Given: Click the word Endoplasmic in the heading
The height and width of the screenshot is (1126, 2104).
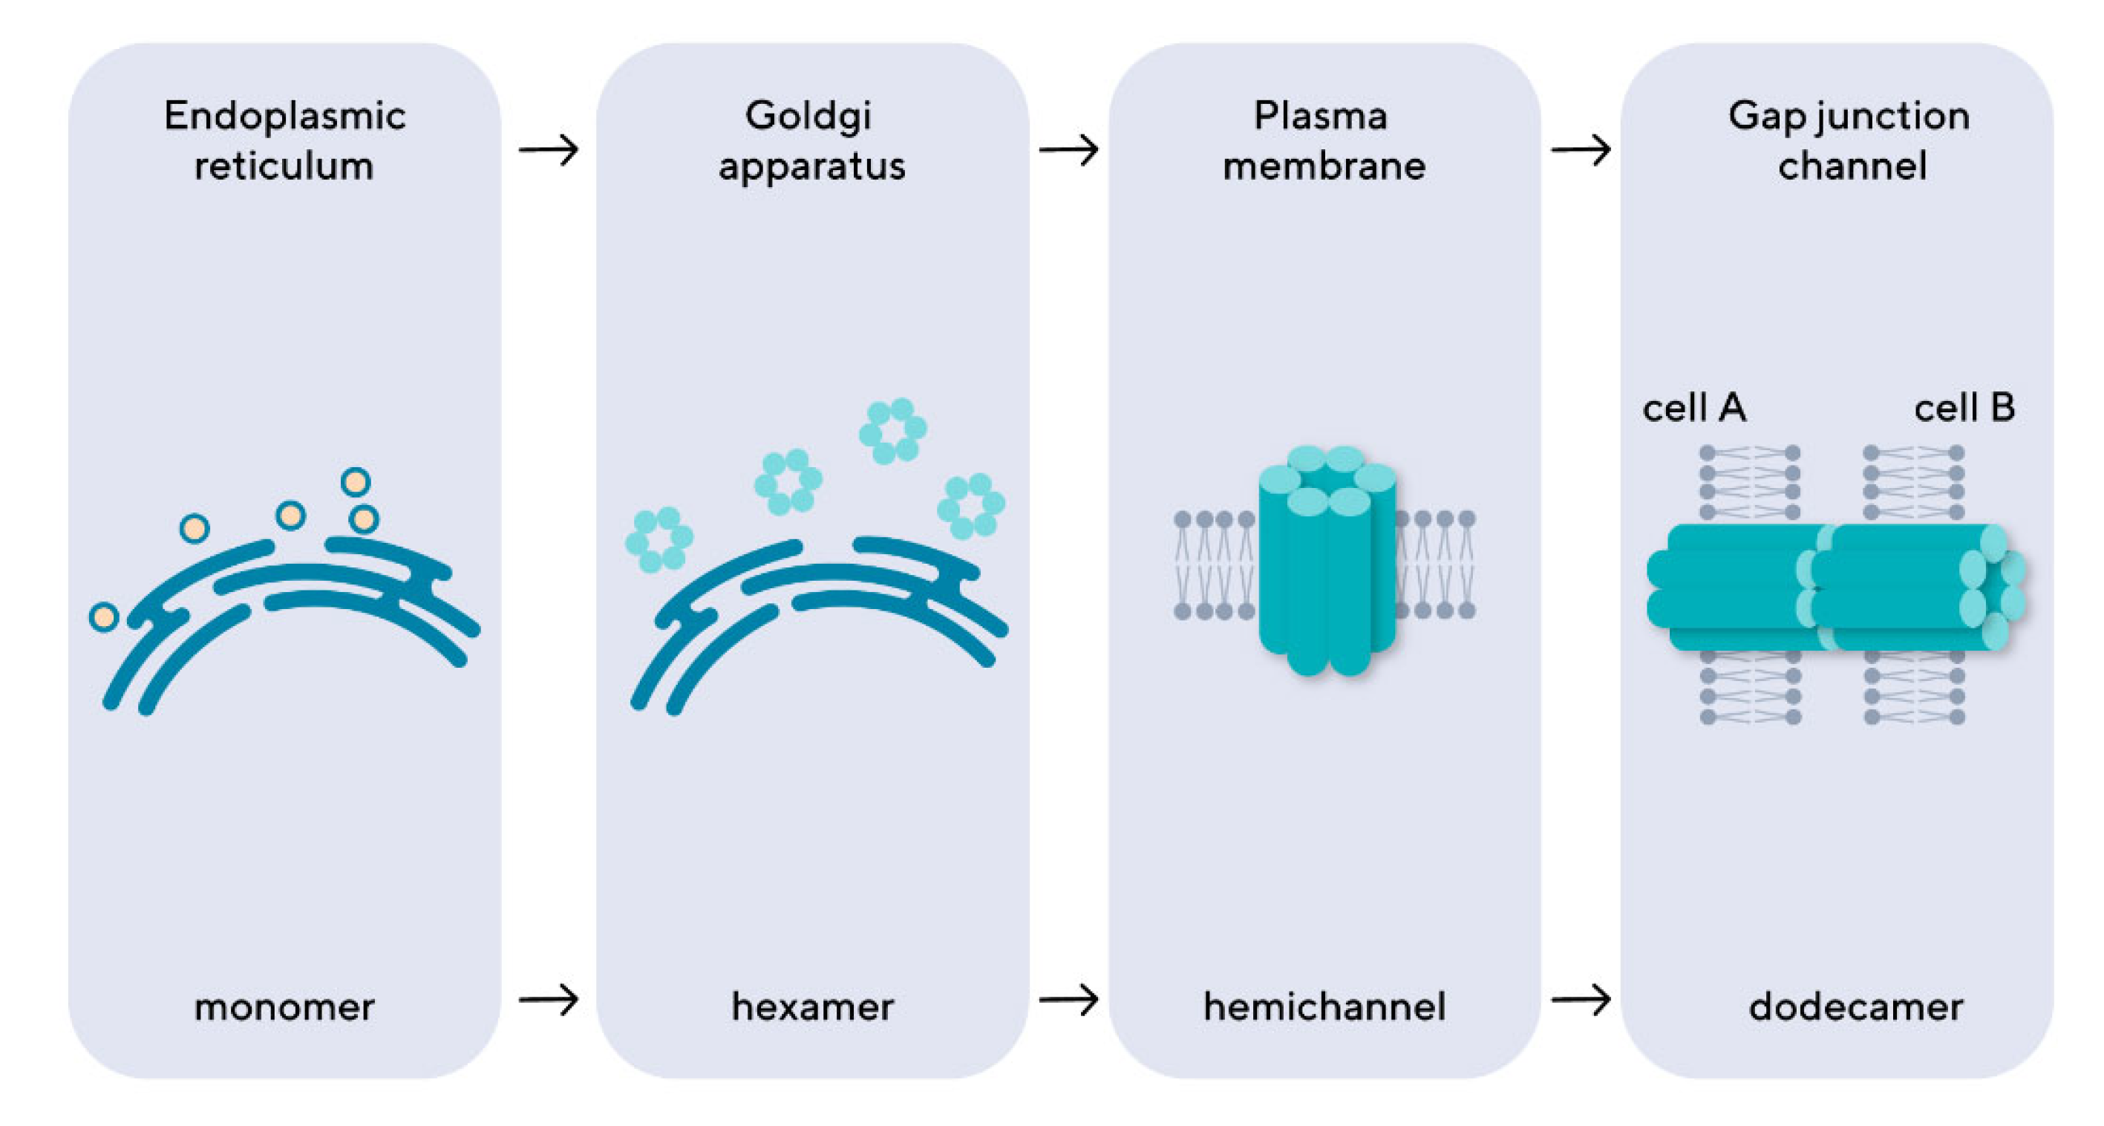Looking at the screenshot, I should pyautogui.click(x=284, y=117).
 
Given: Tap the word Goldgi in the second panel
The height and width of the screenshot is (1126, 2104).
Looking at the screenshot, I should pyautogui.click(x=808, y=117).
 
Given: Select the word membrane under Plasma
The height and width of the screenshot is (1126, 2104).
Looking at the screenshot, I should pyautogui.click(x=1324, y=166).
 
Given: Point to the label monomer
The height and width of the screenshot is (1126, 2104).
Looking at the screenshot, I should pyautogui.click(x=284, y=1006).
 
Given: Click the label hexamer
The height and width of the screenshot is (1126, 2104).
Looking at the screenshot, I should pyautogui.click(x=812, y=1006).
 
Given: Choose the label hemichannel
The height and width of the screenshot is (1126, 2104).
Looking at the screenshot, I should pyautogui.click(x=1324, y=1006).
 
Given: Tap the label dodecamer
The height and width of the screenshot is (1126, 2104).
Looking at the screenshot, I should pyautogui.click(x=1856, y=1006).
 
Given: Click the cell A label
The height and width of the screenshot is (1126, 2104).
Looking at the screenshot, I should pyautogui.click(x=1694, y=408).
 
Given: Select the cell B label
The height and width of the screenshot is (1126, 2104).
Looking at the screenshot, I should pyautogui.click(x=1964, y=408).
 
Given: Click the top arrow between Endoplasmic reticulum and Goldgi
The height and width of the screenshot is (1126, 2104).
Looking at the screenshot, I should pyautogui.click(x=549, y=149).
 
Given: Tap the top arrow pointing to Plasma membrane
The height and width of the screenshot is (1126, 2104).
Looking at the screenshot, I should pyautogui.click(x=1068, y=149).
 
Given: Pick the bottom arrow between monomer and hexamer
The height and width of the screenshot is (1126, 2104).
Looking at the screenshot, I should pyautogui.click(x=549, y=999).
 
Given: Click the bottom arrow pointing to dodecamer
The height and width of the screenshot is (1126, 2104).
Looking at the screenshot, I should pyautogui.click(x=1581, y=999).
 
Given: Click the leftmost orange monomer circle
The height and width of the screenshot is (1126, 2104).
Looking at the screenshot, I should pyautogui.click(x=104, y=617).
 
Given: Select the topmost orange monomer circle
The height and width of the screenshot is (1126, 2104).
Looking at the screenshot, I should pyautogui.click(x=356, y=482).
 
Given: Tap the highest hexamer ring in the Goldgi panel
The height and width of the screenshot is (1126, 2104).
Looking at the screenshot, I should pyautogui.click(x=892, y=431).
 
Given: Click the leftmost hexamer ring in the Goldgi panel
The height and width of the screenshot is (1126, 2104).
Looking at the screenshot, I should pyautogui.click(x=659, y=539).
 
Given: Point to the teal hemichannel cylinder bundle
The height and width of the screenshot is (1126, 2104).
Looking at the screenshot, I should pyautogui.click(x=1326, y=564).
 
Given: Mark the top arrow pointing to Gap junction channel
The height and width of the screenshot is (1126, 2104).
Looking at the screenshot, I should pyautogui.click(x=1581, y=149).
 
